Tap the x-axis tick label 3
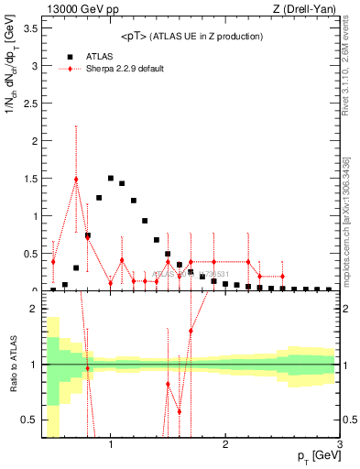click(339, 444)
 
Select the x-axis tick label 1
click(111, 444)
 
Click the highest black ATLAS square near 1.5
click(111, 178)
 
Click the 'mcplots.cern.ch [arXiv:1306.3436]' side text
click(347, 220)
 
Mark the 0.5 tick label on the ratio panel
click(30, 420)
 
